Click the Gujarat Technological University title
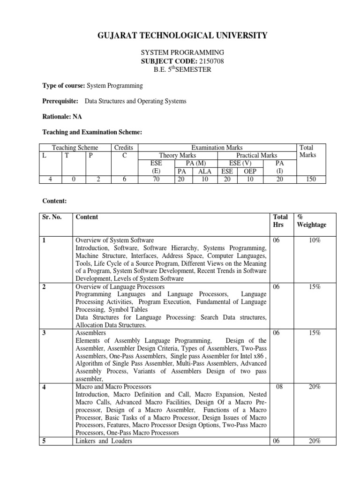pos(180,35)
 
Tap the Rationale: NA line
pos(61,117)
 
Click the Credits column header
pos(124,148)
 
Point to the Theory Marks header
pos(178,155)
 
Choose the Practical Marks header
pos(257,155)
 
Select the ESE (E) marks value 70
pos(156,179)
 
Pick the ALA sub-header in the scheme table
pos(204,171)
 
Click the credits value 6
pos(124,179)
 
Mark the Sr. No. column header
pos(53,217)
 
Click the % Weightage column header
pos(310,221)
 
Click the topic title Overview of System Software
pos(114,240)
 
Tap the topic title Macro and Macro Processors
pos(113,387)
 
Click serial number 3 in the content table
pos(44,332)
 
